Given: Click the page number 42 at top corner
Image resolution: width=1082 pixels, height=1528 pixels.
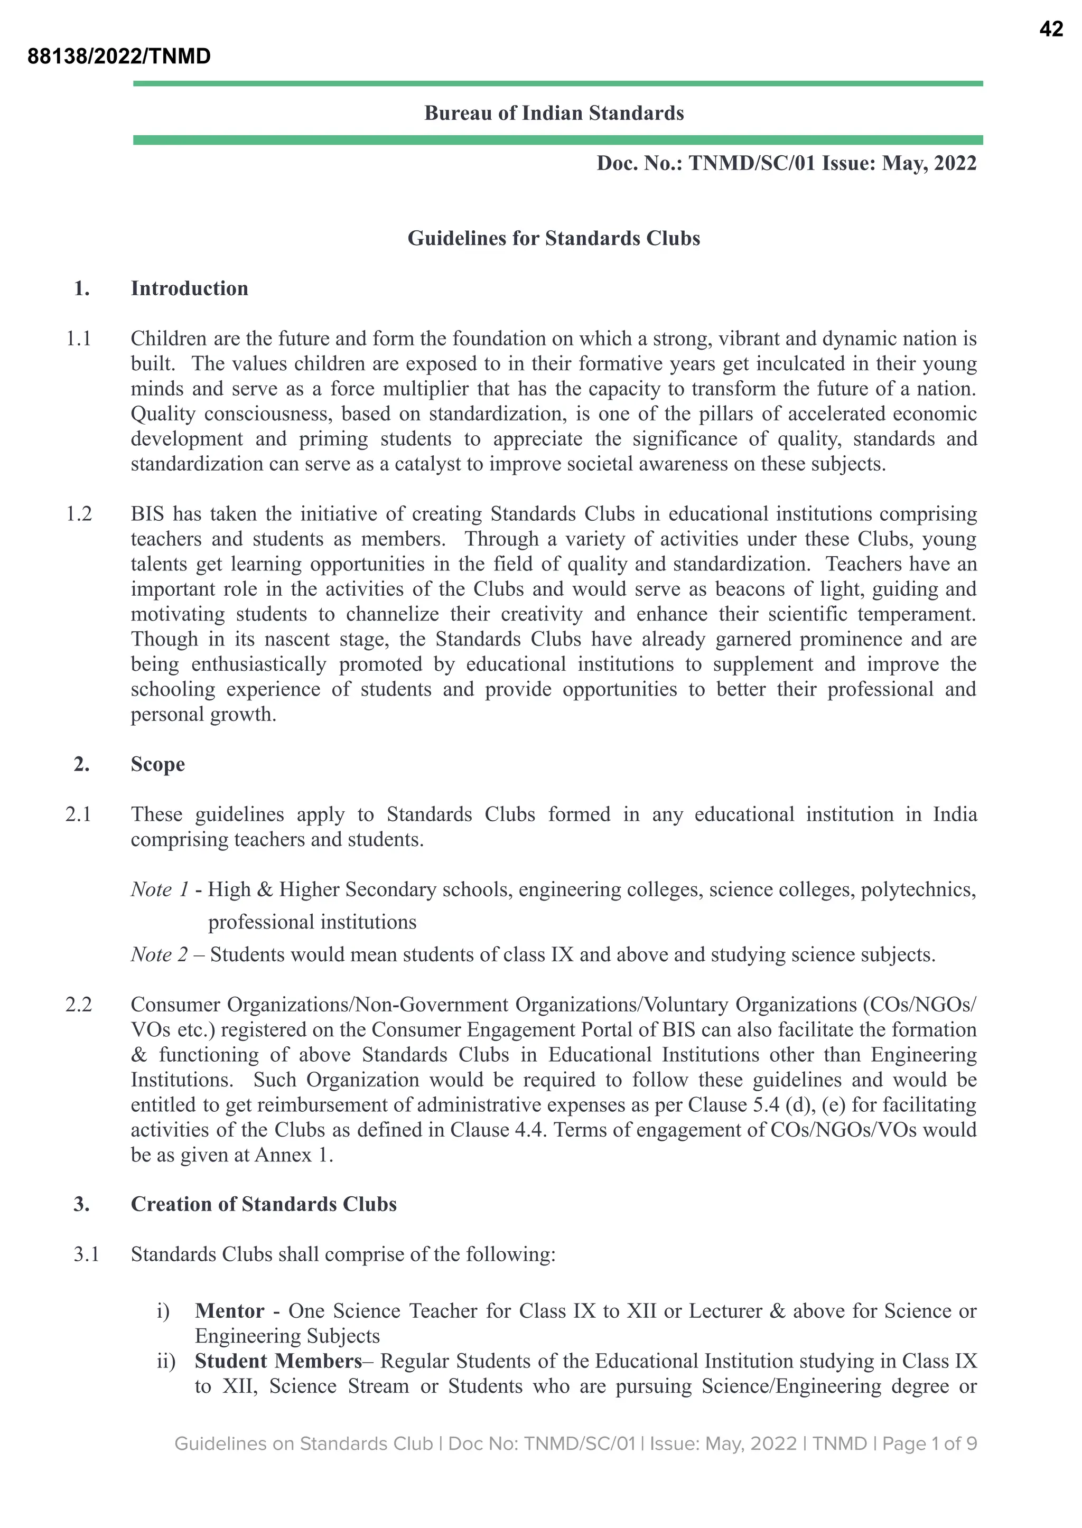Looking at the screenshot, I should coord(1051,29).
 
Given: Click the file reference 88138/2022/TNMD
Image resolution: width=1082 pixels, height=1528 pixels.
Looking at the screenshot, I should coord(118,57).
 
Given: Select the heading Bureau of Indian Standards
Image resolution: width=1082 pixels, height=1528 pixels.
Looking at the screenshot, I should coord(554,113).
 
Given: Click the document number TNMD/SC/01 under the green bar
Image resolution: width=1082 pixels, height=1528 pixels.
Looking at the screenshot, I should coord(752,163).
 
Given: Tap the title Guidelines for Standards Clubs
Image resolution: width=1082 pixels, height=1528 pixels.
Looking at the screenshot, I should coord(554,238).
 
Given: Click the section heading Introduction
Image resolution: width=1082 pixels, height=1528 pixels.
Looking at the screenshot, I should coord(189,288).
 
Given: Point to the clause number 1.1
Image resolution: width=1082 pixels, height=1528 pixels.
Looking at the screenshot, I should coord(79,339).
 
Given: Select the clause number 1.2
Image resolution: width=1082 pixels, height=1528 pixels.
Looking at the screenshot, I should coord(79,514).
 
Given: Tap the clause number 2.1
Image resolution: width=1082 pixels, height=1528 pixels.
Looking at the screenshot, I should coord(79,814).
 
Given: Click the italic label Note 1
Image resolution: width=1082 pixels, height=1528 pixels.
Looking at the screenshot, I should coord(160,890).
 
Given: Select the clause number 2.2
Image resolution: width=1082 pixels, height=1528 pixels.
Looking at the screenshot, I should coord(79,1005).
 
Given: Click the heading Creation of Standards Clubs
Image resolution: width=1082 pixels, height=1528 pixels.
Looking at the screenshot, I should coord(263,1204).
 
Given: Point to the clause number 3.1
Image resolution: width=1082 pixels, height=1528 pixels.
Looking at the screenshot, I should coord(87,1255).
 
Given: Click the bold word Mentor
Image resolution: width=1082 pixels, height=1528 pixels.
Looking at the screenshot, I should coord(229,1311).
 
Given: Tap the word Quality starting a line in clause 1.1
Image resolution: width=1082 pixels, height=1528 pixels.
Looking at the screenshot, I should coord(163,414).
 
